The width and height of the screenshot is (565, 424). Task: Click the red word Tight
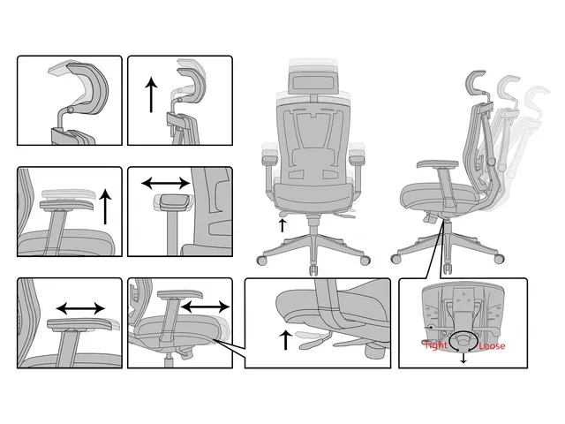(436, 345)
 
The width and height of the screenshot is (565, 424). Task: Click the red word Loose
(492, 345)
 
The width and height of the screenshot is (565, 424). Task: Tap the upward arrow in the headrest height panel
(151, 96)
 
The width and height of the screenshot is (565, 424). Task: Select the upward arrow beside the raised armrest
(105, 207)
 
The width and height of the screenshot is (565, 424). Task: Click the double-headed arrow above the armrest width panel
(166, 183)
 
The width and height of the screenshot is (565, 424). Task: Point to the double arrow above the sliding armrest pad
(80, 308)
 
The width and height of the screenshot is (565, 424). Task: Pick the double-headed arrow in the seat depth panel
(205, 307)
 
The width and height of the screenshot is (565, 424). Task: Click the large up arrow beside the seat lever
(286, 339)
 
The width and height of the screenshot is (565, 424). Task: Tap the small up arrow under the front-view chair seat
(282, 225)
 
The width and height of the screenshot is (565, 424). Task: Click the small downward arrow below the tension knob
(463, 358)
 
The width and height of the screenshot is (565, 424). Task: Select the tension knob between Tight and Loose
(464, 339)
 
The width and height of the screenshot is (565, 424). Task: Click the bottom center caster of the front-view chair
(313, 269)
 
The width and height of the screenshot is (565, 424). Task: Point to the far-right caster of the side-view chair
(499, 259)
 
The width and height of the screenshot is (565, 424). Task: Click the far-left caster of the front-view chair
(262, 260)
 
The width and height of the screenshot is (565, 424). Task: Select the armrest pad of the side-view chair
(438, 164)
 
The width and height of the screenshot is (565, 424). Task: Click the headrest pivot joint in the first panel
(71, 110)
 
